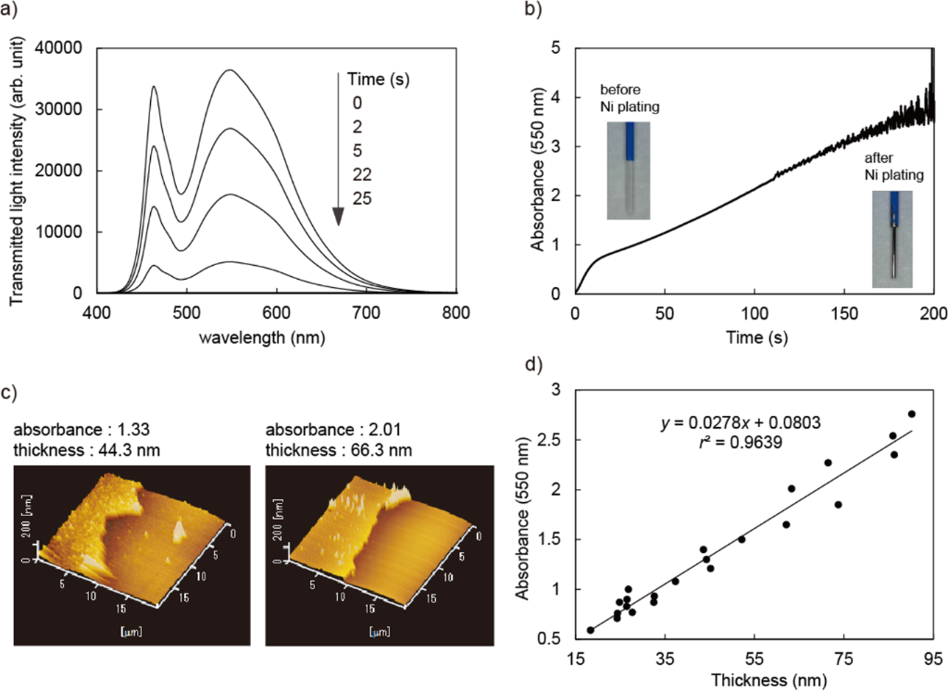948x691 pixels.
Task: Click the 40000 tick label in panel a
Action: pos(59,48)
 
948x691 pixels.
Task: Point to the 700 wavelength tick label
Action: pos(367,312)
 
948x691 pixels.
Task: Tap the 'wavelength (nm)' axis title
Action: pos(262,337)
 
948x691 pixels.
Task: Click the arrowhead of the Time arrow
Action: pos(339,217)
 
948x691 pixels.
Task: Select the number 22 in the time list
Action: pos(362,175)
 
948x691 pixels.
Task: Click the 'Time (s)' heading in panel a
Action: pos(379,80)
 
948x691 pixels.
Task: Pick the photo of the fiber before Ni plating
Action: pos(629,170)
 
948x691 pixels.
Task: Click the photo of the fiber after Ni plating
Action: pos(892,239)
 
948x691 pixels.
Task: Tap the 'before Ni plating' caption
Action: pos(630,98)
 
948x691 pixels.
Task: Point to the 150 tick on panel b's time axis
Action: pos(844,313)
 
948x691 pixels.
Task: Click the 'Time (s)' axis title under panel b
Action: pos(757,337)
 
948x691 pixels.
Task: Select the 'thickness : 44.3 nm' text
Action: pos(86,449)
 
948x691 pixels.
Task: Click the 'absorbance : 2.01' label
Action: pos(333,430)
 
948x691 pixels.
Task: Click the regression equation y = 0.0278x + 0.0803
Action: pos(741,421)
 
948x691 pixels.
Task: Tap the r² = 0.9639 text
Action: pos(741,443)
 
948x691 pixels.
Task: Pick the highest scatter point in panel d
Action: pos(912,414)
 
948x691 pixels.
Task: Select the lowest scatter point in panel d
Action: pos(591,630)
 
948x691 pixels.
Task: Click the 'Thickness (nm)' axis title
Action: pos(768,680)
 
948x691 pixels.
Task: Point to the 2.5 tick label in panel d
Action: pos(548,440)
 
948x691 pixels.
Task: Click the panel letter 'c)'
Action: pos(8,393)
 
